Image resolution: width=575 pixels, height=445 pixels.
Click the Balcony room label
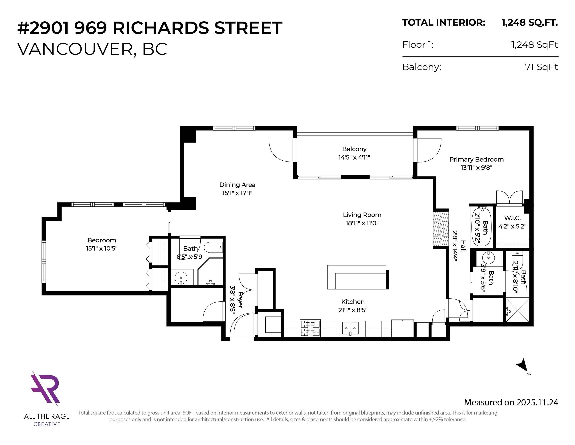(x=354, y=149)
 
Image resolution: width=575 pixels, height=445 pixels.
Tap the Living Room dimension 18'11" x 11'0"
(x=362, y=223)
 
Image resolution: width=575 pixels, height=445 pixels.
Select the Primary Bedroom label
(x=476, y=159)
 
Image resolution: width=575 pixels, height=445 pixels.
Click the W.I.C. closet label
(x=512, y=218)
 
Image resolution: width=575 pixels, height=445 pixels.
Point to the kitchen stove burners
(x=310, y=328)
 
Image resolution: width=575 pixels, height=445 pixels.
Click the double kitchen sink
(x=350, y=328)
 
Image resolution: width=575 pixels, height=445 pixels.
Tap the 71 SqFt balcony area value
(x=541, y=67)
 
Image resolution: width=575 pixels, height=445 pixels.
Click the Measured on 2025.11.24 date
(x=511, y=402)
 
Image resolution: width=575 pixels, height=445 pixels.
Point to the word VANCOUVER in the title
(x=75, y=49)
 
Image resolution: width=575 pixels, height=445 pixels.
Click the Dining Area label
(x=237, y=185)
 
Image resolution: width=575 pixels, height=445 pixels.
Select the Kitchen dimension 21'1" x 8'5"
(x=353, y=310)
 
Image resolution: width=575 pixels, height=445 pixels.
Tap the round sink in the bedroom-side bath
(x=181, y=277)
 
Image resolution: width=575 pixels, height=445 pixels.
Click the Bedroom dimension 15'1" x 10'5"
(x=102, y=248)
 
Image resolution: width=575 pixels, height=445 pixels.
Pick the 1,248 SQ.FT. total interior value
(x=529, y=23)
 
